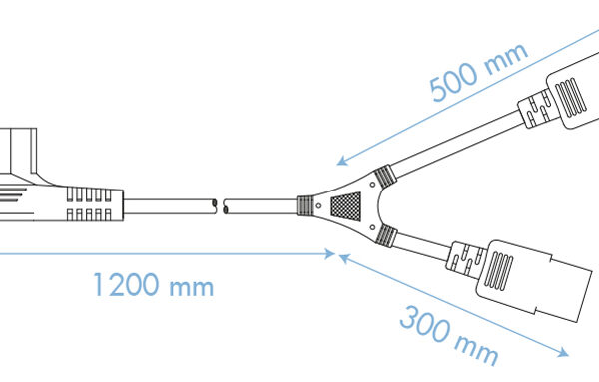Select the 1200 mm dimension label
coord(153,287)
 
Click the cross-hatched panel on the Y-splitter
coord(343,207)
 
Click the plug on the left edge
coord(25,165)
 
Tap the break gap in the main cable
coord(220,208)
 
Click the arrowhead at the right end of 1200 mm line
coord(331,254)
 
